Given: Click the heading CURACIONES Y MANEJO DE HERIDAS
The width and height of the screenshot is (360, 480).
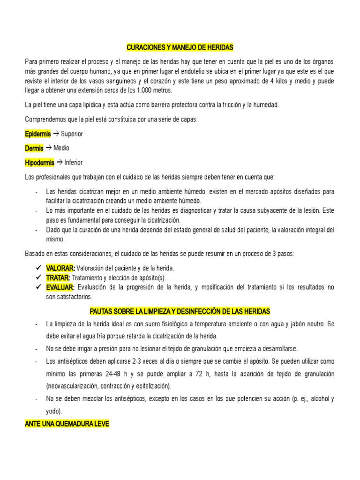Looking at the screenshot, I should (x=180, y=48).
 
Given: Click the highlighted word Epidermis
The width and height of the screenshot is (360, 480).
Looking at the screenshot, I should (x=37, y=134).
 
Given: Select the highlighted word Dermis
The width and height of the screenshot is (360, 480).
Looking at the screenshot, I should (x=34, y=148).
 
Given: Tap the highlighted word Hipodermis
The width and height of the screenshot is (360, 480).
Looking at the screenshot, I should (x=39, y=163).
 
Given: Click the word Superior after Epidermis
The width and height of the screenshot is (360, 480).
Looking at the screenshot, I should (x=72, y=134).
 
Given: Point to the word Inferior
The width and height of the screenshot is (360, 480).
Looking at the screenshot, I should (x=73, y=163).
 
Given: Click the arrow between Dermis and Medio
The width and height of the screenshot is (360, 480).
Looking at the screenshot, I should (x=48, y=148).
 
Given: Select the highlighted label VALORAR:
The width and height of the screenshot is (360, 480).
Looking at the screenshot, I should (x=60, y=268).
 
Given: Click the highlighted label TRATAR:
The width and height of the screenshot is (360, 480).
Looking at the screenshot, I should (x=58, y=277).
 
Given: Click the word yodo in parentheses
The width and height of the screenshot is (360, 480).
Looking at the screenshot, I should (x=53, y=411).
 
